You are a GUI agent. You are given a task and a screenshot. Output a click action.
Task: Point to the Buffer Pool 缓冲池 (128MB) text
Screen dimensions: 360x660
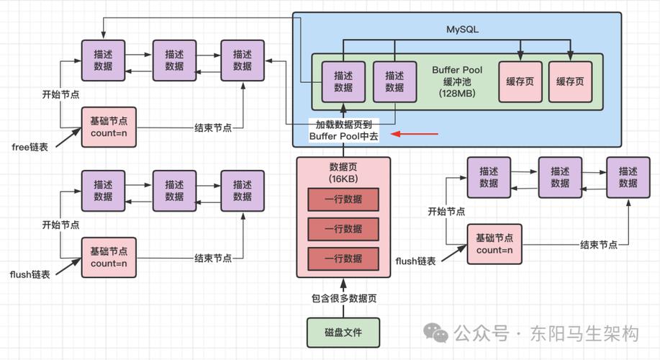point(457,81)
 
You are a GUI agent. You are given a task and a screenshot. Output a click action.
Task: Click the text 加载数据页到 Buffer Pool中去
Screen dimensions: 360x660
point(344,130)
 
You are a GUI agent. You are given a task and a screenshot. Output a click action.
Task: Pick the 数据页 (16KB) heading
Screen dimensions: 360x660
point(343,173)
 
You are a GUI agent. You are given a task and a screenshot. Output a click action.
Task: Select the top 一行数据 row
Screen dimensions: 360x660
point(343,199)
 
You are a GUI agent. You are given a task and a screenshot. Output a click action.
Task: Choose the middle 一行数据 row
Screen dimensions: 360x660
point(343,229)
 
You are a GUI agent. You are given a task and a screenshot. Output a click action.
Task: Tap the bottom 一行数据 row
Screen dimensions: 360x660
point(343,258)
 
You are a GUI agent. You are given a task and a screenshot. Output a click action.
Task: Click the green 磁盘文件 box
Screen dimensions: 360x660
point(343,333)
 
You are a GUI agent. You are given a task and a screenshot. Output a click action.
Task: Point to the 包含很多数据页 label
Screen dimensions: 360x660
point(343,297)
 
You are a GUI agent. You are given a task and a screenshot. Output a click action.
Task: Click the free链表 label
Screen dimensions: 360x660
point(31,147)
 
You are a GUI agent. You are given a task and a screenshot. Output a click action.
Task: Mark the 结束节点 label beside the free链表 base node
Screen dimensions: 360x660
point(213,127)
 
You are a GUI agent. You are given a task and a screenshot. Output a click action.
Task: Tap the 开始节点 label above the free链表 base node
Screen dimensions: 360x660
point(60,94)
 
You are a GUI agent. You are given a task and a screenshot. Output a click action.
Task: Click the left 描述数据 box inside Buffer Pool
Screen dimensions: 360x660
point(338,81)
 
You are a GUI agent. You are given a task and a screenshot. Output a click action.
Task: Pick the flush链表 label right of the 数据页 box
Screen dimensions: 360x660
point(416,261)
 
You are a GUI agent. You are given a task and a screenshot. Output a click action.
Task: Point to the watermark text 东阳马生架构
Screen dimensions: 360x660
point(584,333)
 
